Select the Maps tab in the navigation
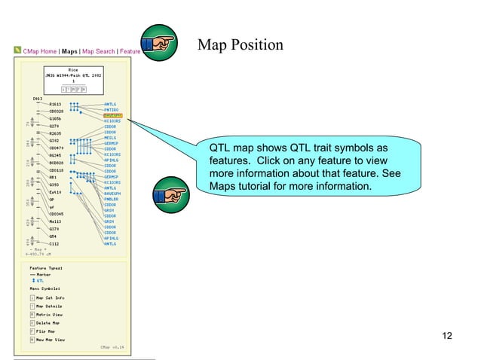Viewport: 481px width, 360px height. [69, 51]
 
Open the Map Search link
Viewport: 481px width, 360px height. [98, 51]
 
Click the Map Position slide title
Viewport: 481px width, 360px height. [240, 46]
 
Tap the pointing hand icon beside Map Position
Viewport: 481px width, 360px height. [158, 44]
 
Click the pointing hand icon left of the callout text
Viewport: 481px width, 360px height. [170, 195]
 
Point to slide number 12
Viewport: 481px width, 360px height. [446, 335]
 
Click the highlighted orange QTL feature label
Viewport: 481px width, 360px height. [113, 115]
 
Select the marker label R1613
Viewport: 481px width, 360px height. [55, 104]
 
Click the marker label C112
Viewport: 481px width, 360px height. [54, 244]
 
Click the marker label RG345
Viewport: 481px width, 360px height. [55, 155]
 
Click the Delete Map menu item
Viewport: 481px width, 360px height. [50, 322]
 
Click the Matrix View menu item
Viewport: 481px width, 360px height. [50, 314]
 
